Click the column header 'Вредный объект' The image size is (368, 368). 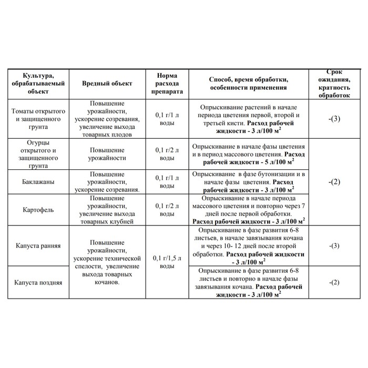pos(107,84)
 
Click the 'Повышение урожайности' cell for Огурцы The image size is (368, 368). pos(107,154)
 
